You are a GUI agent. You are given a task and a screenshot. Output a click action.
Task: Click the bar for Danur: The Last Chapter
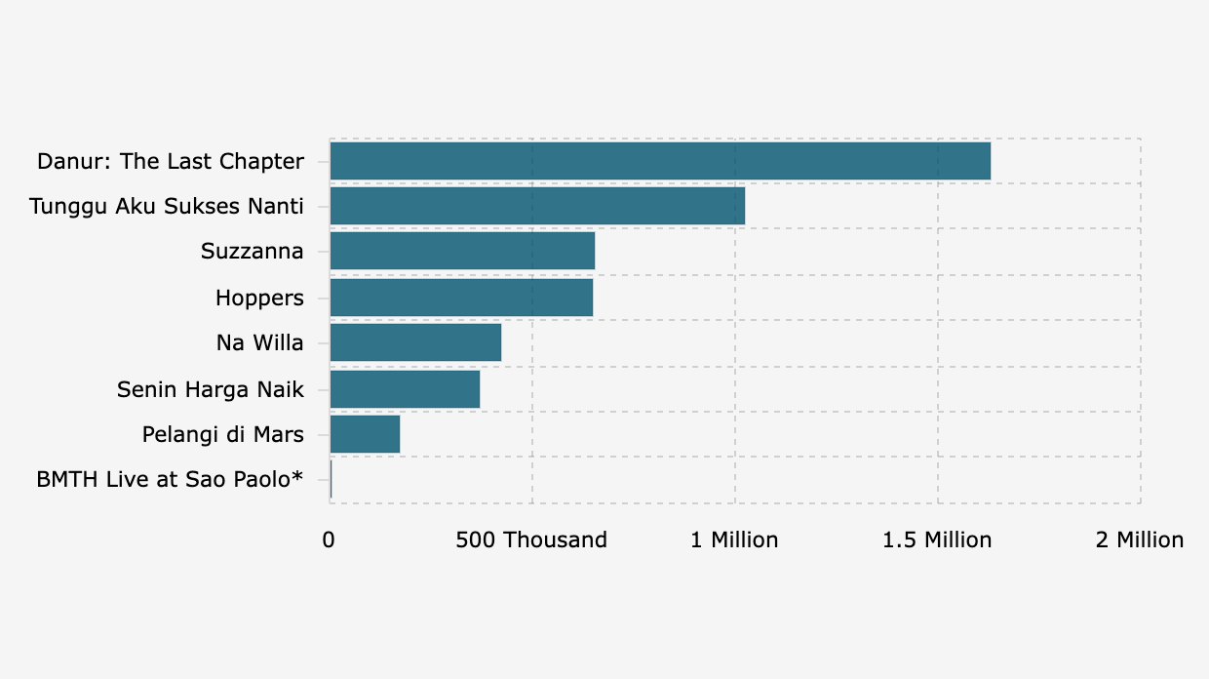[660, 161]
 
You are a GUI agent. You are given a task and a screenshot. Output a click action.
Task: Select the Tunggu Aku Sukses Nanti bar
[537, 206]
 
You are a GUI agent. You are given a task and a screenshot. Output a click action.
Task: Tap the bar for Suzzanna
[462, 251]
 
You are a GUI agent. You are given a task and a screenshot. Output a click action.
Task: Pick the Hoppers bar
[461, 298]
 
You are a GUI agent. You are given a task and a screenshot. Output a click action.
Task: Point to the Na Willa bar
[415, 342]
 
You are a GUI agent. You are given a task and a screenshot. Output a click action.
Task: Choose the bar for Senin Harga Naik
[405, 389]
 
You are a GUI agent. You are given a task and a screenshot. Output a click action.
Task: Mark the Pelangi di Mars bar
[365, 434]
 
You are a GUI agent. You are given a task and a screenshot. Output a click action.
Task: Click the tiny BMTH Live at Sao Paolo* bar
[331, 480]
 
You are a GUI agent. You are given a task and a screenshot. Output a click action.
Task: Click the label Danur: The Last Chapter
[171, 162]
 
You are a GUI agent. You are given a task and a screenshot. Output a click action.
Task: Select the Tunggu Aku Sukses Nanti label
[167, 207]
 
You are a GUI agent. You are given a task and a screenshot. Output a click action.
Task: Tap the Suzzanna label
[252, 252]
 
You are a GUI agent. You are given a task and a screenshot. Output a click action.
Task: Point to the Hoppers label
[259, 298]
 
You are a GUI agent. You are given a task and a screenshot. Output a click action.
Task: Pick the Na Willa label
[259, 343]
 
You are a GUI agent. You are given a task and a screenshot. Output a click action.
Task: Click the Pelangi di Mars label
[222, 435]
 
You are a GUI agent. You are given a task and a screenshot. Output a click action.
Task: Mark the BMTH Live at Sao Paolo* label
[170, 480]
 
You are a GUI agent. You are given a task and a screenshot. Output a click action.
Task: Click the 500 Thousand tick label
[531, 540]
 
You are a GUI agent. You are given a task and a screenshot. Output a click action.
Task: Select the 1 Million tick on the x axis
[734, 540]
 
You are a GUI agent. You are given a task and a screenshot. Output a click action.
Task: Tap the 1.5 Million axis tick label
[937, 540]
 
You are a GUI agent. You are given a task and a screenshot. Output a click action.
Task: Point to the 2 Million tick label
[1140, 540]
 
